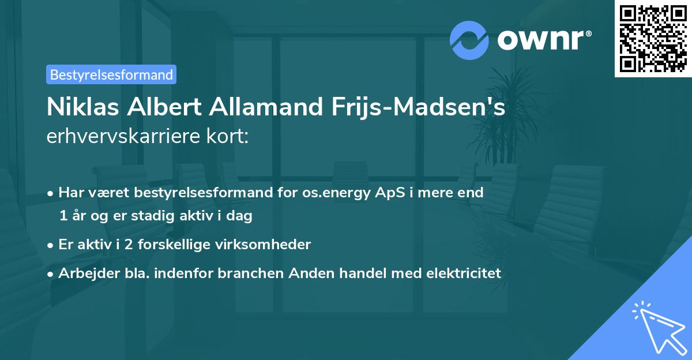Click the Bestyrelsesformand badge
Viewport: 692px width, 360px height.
tap(111, 74)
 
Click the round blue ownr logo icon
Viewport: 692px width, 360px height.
tap(469, 40)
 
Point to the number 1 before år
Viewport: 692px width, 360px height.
tap(63, 216)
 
